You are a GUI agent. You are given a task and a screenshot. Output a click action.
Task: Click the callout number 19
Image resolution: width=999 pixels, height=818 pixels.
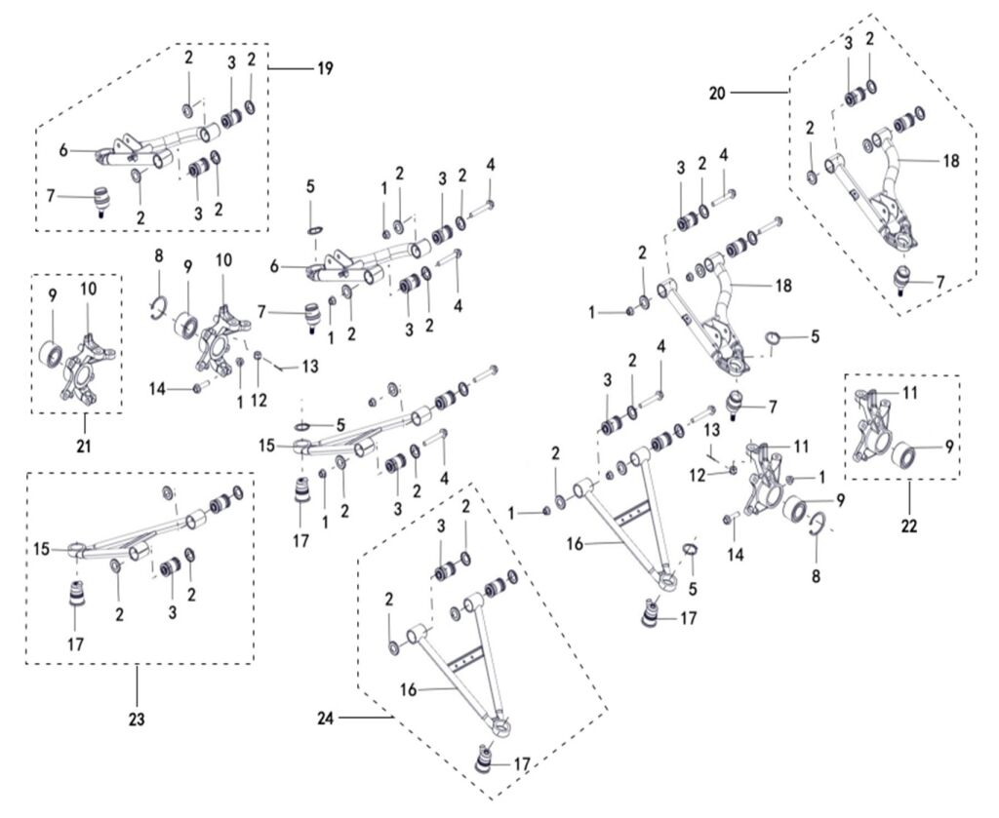[x=324, y=68]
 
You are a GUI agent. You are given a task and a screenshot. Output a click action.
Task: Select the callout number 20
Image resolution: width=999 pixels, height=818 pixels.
[x=717, y=93]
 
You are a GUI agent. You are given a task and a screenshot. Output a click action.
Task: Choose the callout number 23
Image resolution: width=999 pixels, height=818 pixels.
[x=136, y=721]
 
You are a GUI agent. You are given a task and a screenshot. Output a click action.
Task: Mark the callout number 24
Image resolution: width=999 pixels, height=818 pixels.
[x=327, y=720]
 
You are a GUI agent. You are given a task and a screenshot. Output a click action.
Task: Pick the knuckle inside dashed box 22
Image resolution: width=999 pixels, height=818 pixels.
[x=870, y=430]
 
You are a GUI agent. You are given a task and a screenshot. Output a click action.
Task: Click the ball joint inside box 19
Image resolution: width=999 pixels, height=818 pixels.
[x=101, y=197]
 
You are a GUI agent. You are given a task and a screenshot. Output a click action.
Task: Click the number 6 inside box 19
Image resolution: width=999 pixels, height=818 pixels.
[x=64, y=150]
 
